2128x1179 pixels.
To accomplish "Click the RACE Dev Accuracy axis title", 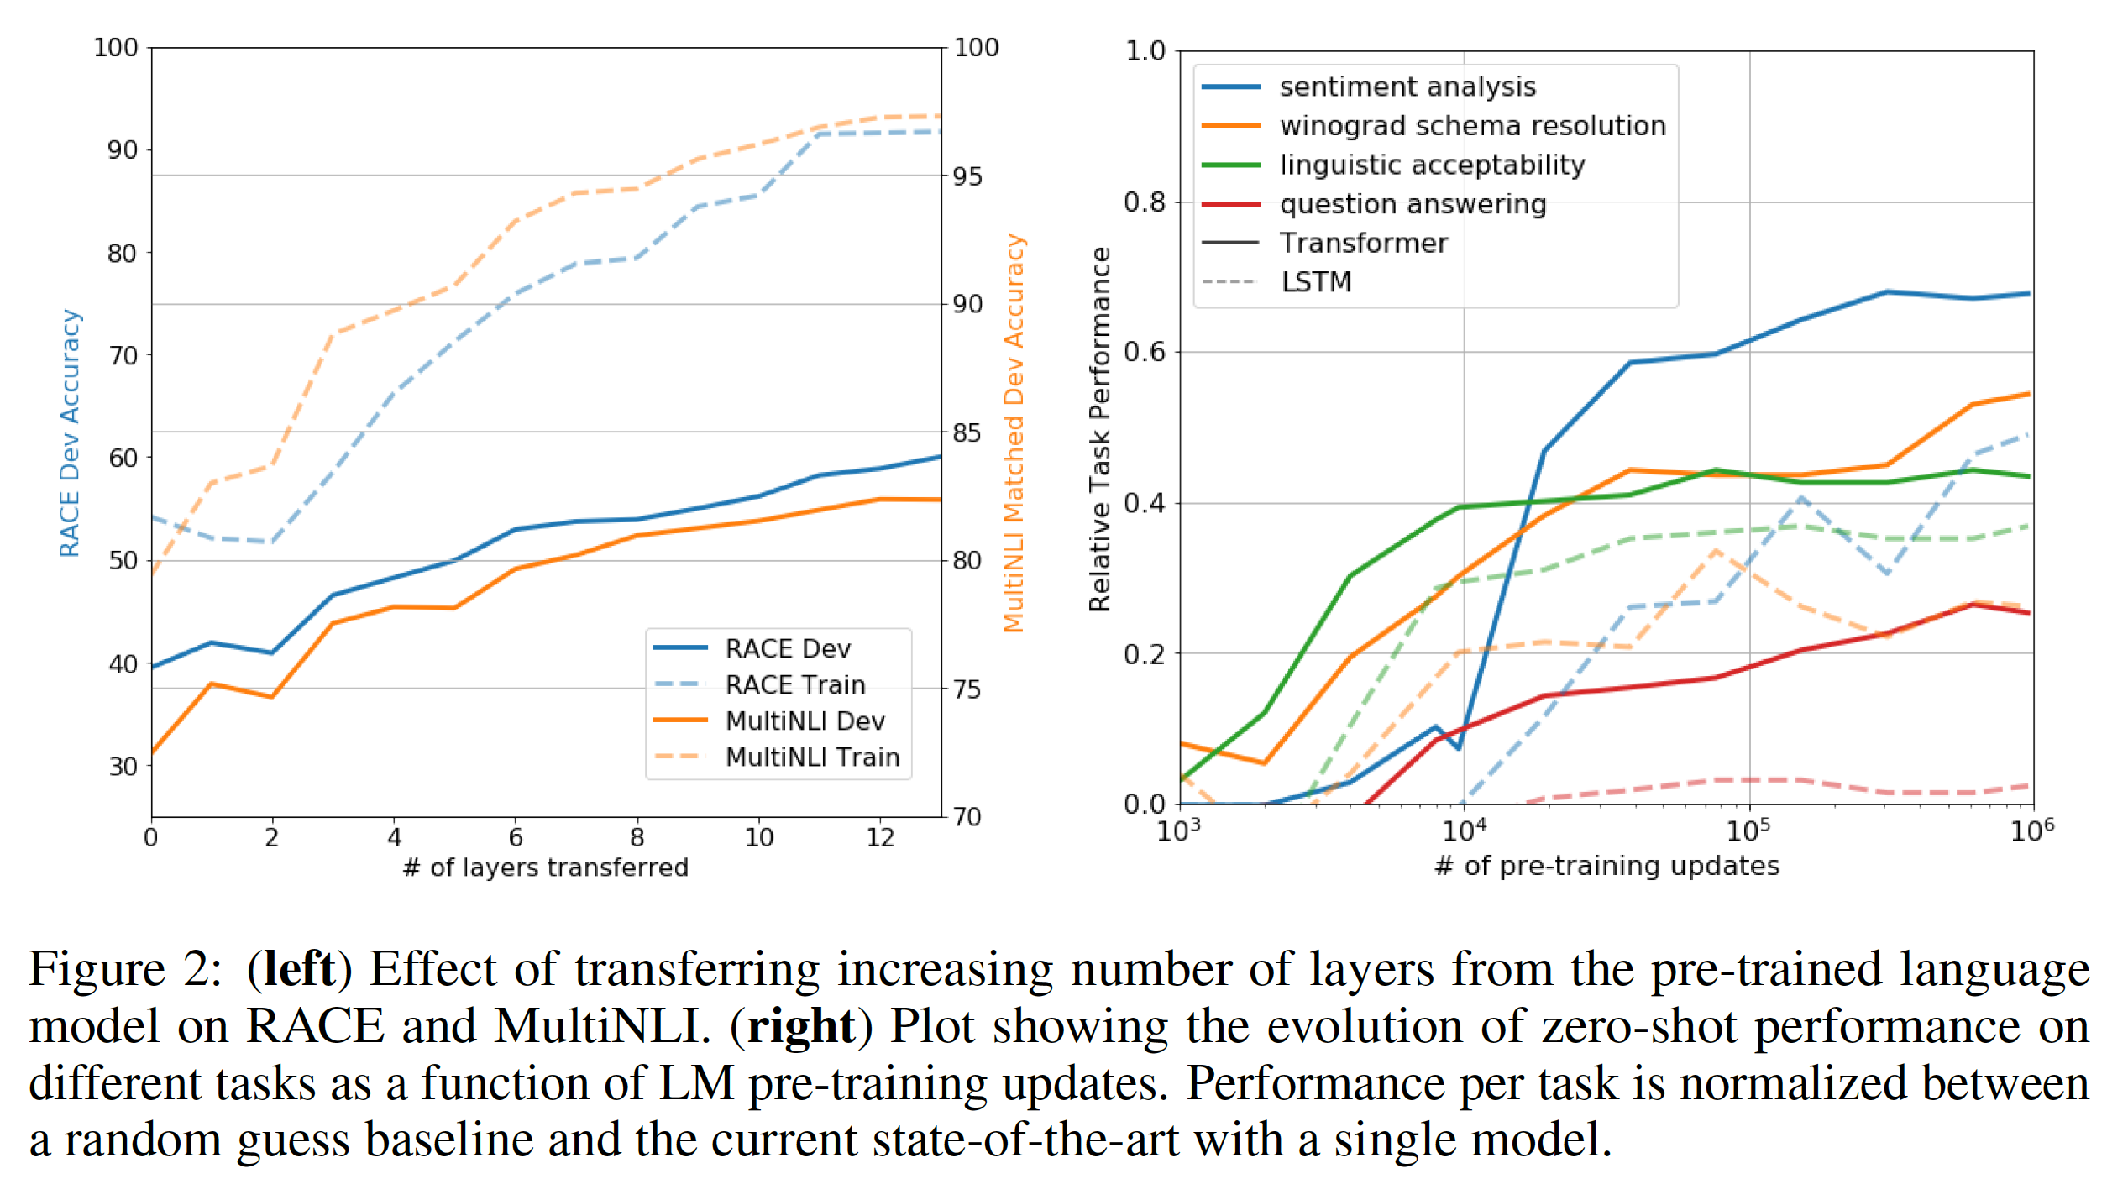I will [x=70, y=432].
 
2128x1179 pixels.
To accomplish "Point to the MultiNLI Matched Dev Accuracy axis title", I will [x=1014, y=432].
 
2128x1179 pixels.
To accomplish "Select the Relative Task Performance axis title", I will [x=1099, y=428].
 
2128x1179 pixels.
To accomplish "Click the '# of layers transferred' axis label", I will [x=545, y=867].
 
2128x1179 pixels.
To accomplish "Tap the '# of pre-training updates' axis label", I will [x=1606, y=866].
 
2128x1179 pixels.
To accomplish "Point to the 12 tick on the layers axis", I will [x=880, y=837].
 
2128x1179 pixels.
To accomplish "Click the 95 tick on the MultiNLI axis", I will [x=967, y=176].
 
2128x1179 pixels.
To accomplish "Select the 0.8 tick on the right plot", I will [x=1145, y=202].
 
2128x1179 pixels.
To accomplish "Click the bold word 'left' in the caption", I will [x=299, y=969].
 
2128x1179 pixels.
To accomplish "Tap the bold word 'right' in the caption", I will [x=801, y=1026].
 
